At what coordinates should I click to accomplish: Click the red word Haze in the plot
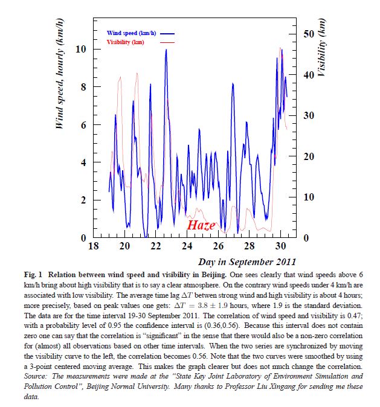click(201, 225)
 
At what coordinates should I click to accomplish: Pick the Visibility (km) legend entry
click(126, 42)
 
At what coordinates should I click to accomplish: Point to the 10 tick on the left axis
click(80, 49)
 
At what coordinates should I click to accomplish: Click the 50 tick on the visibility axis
click(306, 34)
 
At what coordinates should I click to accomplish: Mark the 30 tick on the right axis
click(306, 115)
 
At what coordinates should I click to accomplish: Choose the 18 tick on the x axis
click(94, 247)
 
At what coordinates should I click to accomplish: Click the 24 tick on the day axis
click(187, 247)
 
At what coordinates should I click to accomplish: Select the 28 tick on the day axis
click(250, 247)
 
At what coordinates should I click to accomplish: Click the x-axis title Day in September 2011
click(247, 262)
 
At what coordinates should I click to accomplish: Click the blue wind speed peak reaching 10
click(166, 50)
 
